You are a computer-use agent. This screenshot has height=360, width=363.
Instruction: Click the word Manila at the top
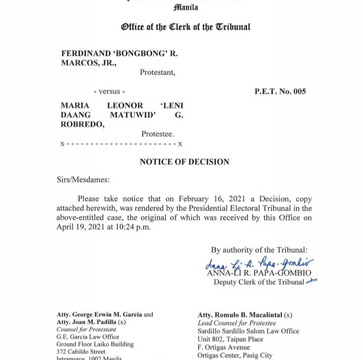tap(186, 8)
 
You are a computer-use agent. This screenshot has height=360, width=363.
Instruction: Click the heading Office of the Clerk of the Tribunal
tap(185, 27)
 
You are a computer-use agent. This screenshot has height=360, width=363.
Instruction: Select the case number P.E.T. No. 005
tap(280, 92)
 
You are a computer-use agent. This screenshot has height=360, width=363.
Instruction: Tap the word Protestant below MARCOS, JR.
tap(157, 73)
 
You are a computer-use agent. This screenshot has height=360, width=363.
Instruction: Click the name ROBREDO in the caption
tap(82, 125)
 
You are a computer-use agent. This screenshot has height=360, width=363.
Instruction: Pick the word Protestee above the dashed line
tap(157, 134)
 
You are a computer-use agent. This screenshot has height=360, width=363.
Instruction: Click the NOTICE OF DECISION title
tap(185, 162)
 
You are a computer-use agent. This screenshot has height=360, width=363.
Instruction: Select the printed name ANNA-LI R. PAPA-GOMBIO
tap(259, 273)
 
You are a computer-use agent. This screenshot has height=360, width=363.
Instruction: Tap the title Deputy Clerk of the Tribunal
tap(259, 282)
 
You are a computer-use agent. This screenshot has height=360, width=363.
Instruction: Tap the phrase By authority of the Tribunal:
tap(259, 250)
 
